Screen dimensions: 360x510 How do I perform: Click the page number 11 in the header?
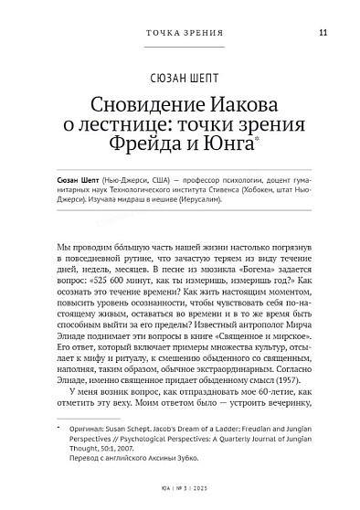pos(323,34)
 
